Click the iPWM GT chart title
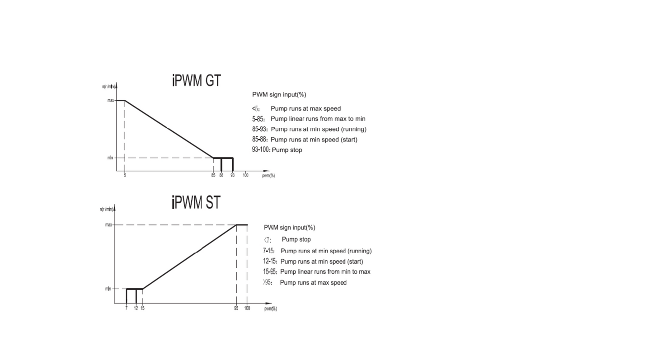click(197, 80)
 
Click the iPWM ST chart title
click(196, 202)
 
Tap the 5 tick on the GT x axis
click(125, 175)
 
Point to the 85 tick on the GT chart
click(213, 175)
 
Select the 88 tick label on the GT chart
click(221, 175)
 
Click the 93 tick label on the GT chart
click(232, 175)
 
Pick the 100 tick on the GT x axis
click(245, 175)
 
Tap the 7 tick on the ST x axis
click(127, 308)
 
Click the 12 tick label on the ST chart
click(136, 308)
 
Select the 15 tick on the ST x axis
click(143, 308)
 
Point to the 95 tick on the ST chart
click(236, 308)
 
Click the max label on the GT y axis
click(111, 100)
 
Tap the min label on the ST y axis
click(108, 289)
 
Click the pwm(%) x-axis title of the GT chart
click(268, 176)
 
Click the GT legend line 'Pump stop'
click(277, 150)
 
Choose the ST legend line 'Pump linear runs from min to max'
click(317, 272)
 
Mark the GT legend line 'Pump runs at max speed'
click(296, 109)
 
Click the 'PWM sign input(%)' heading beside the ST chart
click(290, 228)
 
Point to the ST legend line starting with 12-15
click(313, 262)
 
